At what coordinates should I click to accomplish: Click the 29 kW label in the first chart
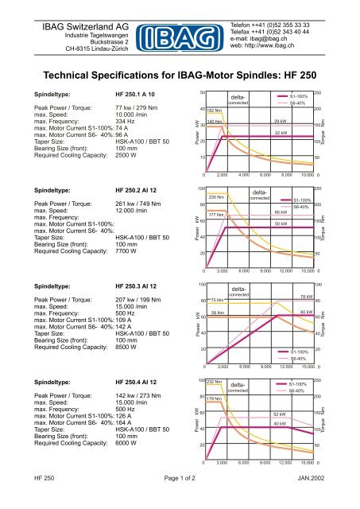pyautogui.click(x=280, y=122)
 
